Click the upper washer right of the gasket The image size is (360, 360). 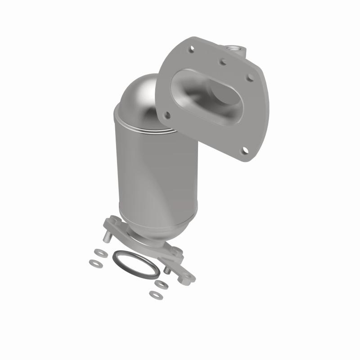[x=160, y=284]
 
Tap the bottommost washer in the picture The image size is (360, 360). [x=155, y=295]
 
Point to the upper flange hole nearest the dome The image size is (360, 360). [x=166, y=115]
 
